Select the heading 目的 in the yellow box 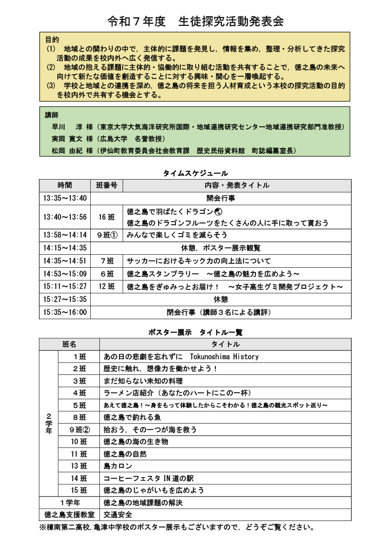(52, 40)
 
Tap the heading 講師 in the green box (52, 116)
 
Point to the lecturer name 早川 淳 (69, 127)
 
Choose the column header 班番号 (106, 185)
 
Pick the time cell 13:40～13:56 (65, 217)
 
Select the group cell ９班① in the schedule (106, 235)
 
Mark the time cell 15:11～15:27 (65, 286)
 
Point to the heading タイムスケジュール (195, 173)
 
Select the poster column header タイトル (225, 344)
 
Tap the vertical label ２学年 (49, 424)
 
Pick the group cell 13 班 (78, 466)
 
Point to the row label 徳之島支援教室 (69, 515)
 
